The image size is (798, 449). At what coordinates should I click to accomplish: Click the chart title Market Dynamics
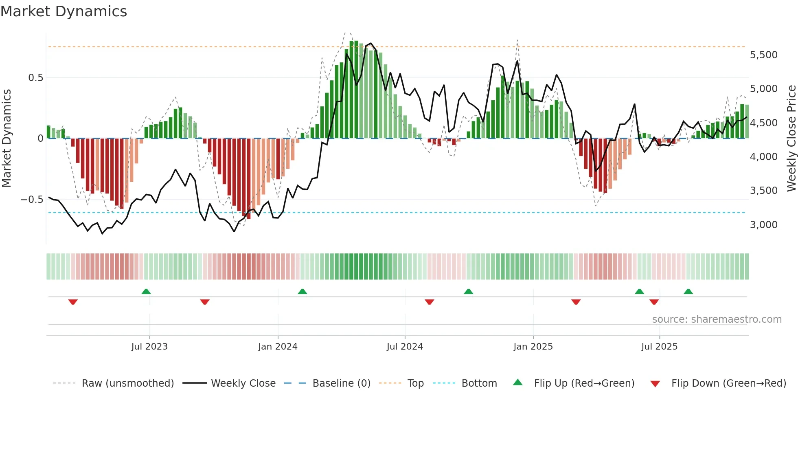click(x=64, y=11)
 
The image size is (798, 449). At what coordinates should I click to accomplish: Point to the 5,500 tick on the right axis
click(x=763, y=55)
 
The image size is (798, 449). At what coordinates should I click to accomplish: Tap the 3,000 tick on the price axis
click(x=763, y=225)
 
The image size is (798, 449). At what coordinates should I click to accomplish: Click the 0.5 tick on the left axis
click(x=35, y=78)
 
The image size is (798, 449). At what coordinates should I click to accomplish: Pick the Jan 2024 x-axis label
click(x=278, y=347)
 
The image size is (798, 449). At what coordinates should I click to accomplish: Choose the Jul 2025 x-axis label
click(x=659, y=347)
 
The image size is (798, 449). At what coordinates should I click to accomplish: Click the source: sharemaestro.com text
click(x=717, y=319)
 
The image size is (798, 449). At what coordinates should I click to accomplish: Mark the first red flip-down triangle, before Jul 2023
click(x=73, y=302)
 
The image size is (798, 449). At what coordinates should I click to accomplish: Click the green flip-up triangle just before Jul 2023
click(x=146, y=291)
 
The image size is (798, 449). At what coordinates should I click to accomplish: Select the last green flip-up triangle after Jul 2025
click(x=688, y=291)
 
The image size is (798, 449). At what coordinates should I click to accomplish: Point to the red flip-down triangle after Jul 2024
click(x=429, y=302)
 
